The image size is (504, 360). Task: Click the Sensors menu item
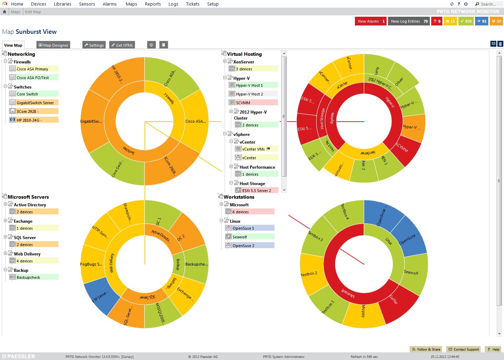(87, 4)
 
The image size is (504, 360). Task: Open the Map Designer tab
(53, 45)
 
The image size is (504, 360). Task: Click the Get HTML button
(122, 45)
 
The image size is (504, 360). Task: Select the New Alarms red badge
(371, 21)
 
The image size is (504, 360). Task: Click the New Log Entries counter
(409, 21)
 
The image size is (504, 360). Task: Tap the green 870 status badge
(466, 21)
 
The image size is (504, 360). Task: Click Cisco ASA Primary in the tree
(32, 69)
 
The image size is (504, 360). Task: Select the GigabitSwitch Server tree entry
(35, 103)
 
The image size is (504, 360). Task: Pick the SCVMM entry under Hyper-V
(243, 103)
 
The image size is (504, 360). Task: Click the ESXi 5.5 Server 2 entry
(256, 191)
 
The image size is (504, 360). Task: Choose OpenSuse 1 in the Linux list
(243, 228)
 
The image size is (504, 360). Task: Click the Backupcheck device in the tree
(28, 277)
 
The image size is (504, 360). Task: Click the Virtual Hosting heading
(244, 54)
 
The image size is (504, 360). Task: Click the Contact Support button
(464, 349)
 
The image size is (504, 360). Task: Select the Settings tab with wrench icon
(94, 45)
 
